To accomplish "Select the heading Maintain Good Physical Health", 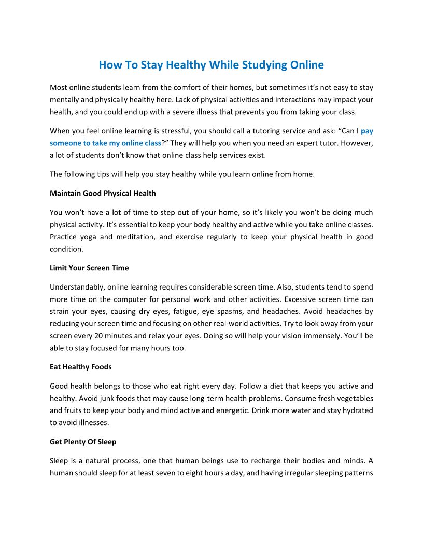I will click(103, 194).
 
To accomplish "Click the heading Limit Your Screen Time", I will click(89, 268).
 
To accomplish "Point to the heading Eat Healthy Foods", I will click(80, 367).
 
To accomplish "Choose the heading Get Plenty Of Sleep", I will click(83, 442).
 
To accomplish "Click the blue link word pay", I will click(367, 131).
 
